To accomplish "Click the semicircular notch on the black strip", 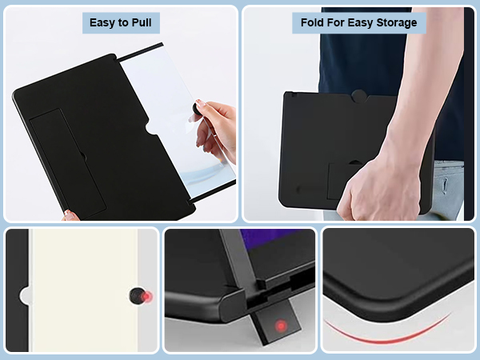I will click(x=26, y=296).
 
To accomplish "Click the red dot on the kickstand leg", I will click(x=280, y=326).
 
